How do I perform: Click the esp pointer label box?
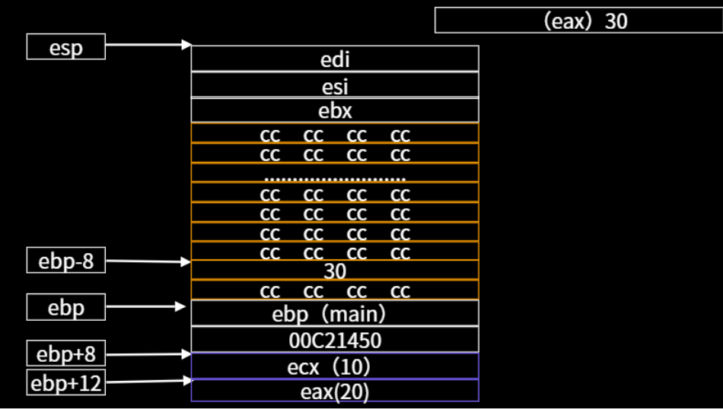[x=65, y=46]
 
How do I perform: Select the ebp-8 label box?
[x=65, y=262]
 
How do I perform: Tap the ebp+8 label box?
[x=65, y=354]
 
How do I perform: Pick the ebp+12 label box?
[x=65, y=383]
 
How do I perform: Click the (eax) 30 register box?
[x=578, y=21]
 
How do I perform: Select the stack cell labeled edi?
[x=335, y=59]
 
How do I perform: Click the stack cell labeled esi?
[x=335, y=85]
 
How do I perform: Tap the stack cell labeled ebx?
[x=335, y=111]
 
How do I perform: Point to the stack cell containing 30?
[x=335, y=271]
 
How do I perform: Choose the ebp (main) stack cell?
[x=335, y=313]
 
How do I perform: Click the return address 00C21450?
[x=335, y=340]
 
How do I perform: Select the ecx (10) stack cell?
[x=335, y=366]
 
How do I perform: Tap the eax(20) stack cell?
[x=335, y=391]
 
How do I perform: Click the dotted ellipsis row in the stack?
[x=335, y=174]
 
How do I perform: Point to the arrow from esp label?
[x=148, y=46]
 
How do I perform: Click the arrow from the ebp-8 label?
[x=148, y=262]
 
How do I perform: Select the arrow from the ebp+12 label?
[x=148, y=381]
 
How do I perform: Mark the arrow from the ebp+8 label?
[x=148, y=354]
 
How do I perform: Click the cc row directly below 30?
[x=335, y=291]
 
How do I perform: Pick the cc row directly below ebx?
[x=335, y=135]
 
